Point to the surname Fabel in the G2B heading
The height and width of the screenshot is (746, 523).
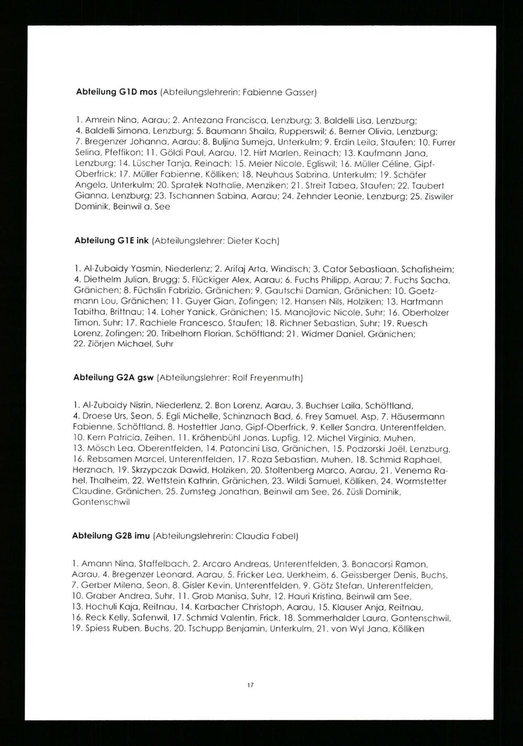tap(285, 536)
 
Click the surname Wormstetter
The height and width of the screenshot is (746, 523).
tap(421, 481)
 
